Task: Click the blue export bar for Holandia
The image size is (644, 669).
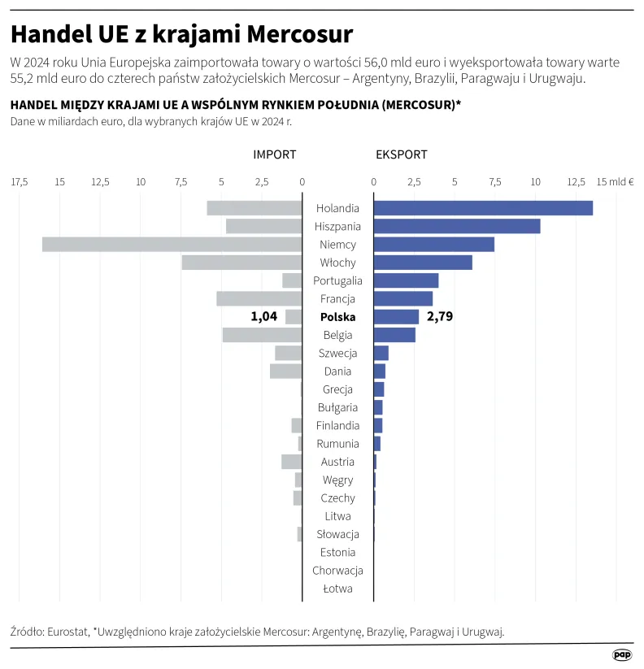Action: pyautogui.click(x=483, y=208)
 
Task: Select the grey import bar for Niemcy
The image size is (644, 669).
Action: pyautogui.click(x=172, y=244)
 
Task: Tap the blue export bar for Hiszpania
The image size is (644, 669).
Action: pyautogui.click(x=457, y=226)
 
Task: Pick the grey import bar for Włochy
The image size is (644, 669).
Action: pyautogui.click(x=241, y=263)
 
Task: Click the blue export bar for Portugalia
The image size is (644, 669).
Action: pyautogui.click(x=406, y=280)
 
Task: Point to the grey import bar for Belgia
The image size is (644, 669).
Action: pyautogui.click(x=262, y=335)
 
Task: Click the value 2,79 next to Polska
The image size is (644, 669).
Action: pyautogui.click(x=439, y=316)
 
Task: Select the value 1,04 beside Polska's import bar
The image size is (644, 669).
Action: pyautogui.click(x=264, y=316)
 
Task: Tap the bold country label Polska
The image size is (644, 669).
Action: pyautogui.click(x=337, y=317)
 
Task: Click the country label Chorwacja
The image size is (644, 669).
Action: pyautogui.click(x=337, y=571)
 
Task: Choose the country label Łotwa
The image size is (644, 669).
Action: pyautogui.click(x=337, y=589)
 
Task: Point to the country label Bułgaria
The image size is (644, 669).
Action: pyautogui.click(x=337, y=407)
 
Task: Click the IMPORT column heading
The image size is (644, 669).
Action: pyautogui.click(x=274, y=154)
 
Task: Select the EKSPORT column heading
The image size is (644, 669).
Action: pyautogui.click(x=401, y=154)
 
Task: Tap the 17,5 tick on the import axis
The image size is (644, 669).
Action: pyautogui.click(x=20, y=181)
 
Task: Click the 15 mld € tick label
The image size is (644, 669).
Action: pyautogui.click(x=615, y=181)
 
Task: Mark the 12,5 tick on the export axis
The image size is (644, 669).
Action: pyautogui.click(x=576, y=181)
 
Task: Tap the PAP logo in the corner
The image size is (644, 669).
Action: pyautogui.click(x=622, y=654)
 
